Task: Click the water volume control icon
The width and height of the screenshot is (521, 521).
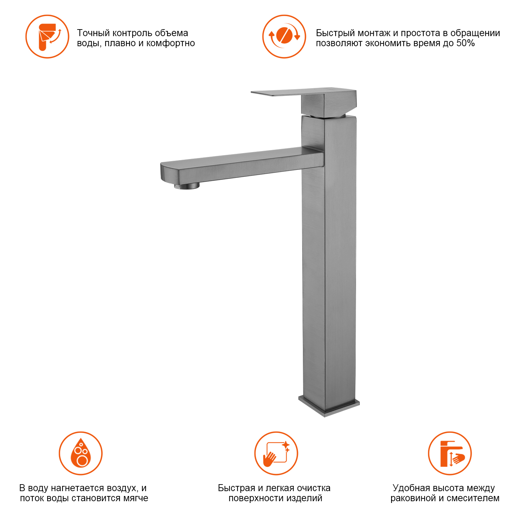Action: click(47, 36)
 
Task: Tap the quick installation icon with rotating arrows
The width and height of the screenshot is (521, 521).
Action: click(284, 36)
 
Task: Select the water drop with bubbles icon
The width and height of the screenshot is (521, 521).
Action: click(81, 453)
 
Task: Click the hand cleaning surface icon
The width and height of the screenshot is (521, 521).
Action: click(276, 453)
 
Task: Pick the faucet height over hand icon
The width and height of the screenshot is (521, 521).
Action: click(450, 453)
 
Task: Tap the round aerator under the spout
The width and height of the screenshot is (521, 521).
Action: click(187, 186)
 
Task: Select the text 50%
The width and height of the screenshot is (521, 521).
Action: click(465, 43)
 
